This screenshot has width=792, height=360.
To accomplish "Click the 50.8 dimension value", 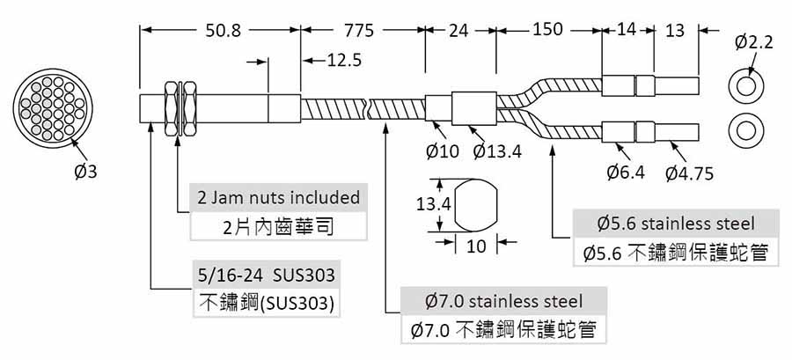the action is [223, 31].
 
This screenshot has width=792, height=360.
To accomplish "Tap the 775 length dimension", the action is [359, 31].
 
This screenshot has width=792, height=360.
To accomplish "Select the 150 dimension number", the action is [547, 30].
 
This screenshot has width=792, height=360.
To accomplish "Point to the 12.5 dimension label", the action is [344, 61].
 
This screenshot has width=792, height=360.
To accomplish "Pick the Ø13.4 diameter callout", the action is [497, 151].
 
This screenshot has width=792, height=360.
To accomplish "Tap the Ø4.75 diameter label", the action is [689, 173].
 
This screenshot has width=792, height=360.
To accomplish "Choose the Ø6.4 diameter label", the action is [626, 173].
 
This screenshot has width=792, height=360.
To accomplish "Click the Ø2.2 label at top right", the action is [753, 43].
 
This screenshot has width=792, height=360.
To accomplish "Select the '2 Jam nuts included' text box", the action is [278, 197].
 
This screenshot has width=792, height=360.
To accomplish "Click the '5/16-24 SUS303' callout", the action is [266, 275].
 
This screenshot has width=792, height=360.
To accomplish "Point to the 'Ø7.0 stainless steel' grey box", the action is [503, 301].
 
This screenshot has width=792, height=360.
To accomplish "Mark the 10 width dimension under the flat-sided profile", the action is [476, 246].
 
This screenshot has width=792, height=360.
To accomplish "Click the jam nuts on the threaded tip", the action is [180, 107].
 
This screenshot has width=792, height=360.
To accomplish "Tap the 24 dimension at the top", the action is [458, 31].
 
